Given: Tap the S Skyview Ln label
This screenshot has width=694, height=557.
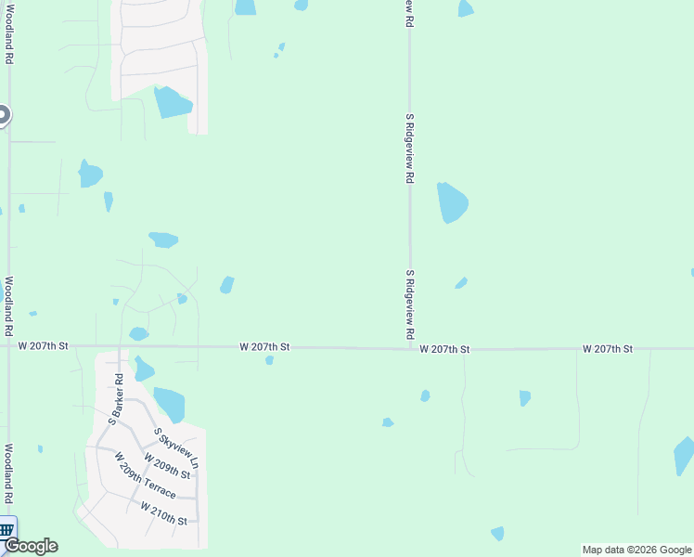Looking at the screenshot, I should point(177,447).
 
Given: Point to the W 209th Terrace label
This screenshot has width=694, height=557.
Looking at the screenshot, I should point(145,475).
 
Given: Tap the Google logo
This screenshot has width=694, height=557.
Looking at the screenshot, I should point(31,546).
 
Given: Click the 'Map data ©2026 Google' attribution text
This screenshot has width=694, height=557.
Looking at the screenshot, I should point(637,550).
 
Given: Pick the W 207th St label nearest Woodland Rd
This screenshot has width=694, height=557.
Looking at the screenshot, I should point(44,346).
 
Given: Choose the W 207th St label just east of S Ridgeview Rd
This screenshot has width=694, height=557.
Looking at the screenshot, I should point(444,349).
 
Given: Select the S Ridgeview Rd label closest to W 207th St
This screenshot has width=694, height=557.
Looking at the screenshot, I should point(409,304).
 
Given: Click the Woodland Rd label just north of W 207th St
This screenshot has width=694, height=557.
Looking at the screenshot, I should point(8,305).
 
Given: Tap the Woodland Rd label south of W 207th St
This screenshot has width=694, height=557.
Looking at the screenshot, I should point(8,473).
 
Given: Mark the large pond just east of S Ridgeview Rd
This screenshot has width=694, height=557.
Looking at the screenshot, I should point(452,202).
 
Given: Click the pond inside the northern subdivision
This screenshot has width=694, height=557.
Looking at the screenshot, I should point(172,101).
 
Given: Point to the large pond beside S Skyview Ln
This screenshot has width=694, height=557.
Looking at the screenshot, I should point(170,404).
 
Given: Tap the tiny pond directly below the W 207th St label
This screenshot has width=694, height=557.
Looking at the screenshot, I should point(269,360).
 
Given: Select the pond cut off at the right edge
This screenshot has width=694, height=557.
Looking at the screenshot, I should point(684,456).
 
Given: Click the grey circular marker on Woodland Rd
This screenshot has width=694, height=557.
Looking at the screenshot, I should point(3,115).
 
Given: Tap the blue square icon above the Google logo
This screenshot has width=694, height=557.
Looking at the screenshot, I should point(6,529).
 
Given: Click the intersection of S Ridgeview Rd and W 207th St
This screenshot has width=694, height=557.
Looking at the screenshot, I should point(409,348).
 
